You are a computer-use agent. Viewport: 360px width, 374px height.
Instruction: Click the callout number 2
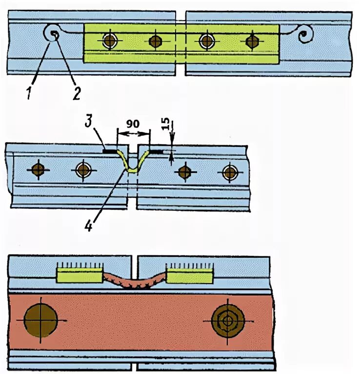pos(77,93)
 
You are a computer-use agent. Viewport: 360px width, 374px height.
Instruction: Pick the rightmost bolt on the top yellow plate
pos(252,41)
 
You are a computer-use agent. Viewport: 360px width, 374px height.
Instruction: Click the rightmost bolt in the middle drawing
pos(229,172)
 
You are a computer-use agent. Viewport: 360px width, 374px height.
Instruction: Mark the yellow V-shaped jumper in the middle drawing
pos(133,164)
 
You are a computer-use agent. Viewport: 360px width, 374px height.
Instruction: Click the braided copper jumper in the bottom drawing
pos(134,281)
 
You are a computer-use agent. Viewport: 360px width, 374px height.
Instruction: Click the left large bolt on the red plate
pos(41,320)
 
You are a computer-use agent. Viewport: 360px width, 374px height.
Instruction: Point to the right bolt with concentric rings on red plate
pos(227,321)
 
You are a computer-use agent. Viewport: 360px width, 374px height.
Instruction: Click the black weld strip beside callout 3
pos(111,152)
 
